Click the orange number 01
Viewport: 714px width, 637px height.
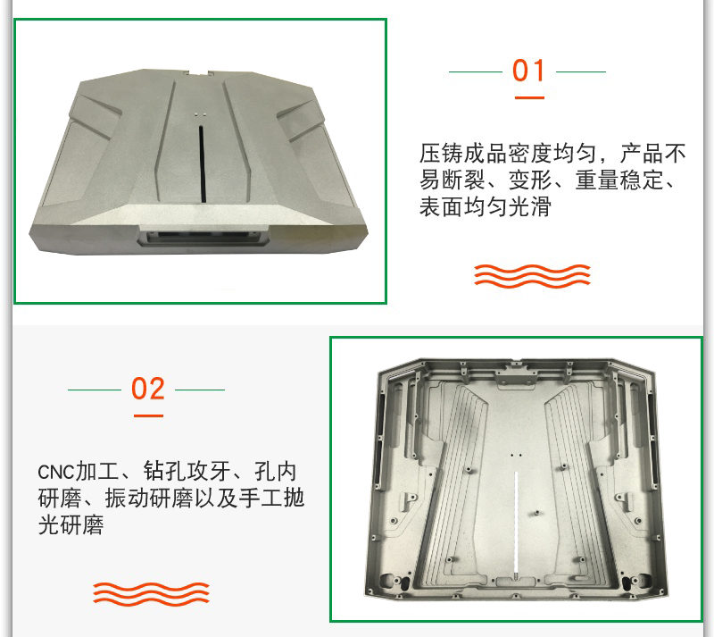(528, 71)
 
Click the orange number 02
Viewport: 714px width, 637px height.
(147, 389)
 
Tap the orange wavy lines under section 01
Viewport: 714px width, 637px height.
(532, 276)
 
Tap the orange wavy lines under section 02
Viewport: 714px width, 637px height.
(151, 594)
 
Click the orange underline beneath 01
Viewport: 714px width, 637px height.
(529, 97)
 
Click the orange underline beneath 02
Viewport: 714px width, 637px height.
(148, 415)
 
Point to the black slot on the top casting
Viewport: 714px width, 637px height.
(202, 163)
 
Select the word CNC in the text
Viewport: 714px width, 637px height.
(55, 472)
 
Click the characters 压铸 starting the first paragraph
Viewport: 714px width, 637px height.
(441, 153)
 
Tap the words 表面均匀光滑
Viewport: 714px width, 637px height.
(485, 206)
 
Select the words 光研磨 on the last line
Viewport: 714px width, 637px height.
(71, 524)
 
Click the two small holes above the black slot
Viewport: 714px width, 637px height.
(201, 114)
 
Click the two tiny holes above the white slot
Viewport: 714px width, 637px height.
(516, 455)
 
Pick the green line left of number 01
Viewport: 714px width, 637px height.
(476, 71)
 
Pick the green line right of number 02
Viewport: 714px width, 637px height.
(200, 390)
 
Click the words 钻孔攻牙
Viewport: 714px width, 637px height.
(187, 472)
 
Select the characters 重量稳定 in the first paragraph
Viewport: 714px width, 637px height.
(619, 180)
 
